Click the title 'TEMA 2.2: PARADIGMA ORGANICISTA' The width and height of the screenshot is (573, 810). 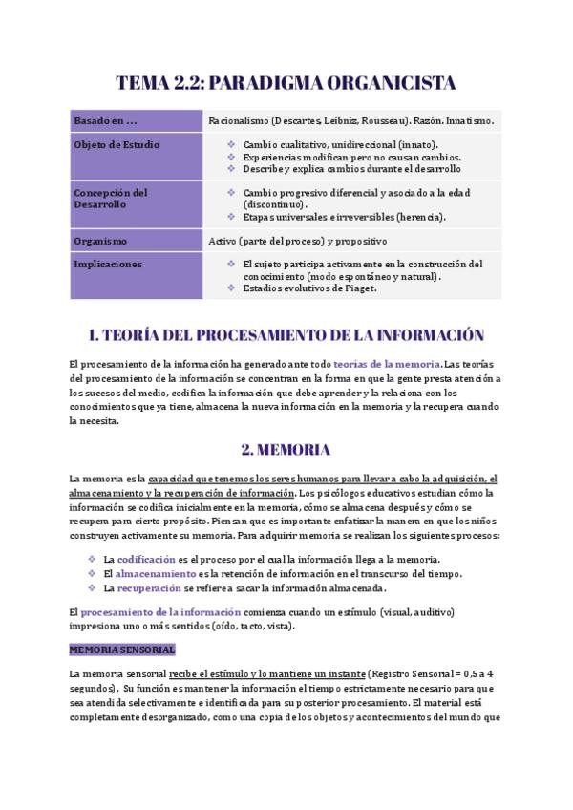(x=286, y=83)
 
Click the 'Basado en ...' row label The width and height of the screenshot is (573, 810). (x=105, y=121)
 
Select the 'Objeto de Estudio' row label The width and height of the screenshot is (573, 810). (x=117, y=145)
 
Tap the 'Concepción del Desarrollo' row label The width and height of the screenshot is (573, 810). (x=111, y=198)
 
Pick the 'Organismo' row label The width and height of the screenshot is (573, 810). (x=100, y=241)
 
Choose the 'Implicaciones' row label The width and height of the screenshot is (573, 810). (x=108, y=264)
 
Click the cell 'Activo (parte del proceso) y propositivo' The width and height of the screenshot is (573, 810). (x=297, y=241)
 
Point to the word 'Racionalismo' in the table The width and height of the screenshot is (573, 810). (x=238, y=121)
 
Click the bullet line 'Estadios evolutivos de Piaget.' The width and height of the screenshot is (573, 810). (x=310, y=288)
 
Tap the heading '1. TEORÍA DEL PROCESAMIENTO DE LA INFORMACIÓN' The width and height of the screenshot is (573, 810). (x=286, y=335)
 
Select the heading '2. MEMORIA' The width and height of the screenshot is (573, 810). (x=286, y=449)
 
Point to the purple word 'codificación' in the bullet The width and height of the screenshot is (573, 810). (x=146, y=559)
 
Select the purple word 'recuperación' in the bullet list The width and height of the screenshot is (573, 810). (x=148, y=588)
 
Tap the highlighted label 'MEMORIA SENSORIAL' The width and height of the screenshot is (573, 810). (x=121, y=650)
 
